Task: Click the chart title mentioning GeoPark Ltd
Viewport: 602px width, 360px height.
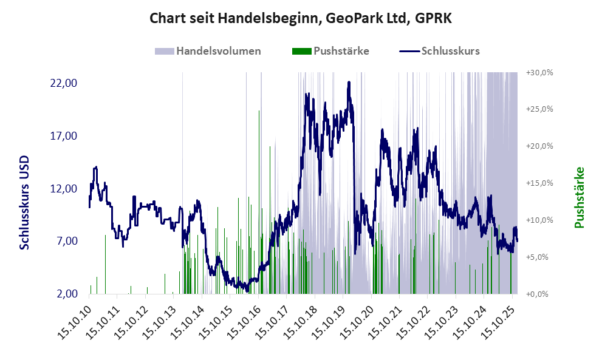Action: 301,18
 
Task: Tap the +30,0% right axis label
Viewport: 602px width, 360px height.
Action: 539,72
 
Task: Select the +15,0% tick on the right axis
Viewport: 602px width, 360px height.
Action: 539,183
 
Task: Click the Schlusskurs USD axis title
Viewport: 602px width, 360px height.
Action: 25,202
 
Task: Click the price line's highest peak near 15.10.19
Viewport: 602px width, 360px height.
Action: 349,83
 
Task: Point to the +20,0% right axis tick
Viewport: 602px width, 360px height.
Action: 539,146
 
